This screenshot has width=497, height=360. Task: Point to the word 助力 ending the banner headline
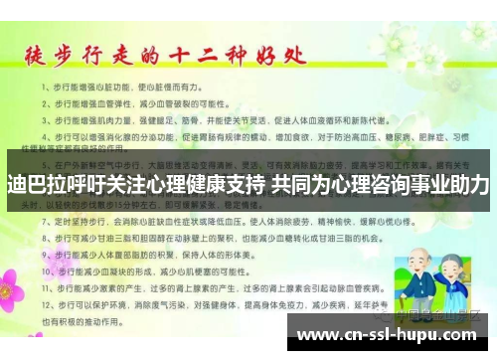pos(469,186)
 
